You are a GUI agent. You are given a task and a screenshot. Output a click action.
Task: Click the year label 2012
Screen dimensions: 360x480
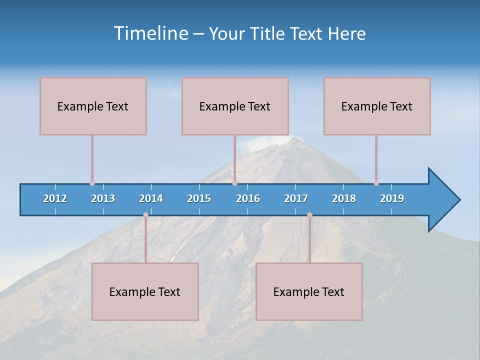click(55, 198)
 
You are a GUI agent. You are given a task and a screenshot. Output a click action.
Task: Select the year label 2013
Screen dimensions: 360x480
click(103, 198)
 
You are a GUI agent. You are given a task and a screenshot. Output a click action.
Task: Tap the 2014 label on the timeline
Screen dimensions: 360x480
click(151, 198)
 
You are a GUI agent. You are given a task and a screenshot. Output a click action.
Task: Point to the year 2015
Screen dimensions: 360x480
click(199, 198)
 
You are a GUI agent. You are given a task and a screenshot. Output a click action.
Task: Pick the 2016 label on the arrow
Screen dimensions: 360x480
click(248, 198)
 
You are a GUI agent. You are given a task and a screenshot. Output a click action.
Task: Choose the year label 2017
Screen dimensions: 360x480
click(296, 198)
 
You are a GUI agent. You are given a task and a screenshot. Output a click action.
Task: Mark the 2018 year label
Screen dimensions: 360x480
click(344, 198)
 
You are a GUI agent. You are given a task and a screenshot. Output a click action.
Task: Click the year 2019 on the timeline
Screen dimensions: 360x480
click(392, 198)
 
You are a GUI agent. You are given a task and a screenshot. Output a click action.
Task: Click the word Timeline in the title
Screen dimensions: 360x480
click(151, 33)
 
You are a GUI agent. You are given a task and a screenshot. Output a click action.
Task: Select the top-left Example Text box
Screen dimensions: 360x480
click(93, 106)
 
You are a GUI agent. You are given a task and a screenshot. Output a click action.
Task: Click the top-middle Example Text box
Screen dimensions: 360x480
click(235, 106)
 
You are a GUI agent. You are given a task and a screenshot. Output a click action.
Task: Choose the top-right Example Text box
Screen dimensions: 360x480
click(377, 106)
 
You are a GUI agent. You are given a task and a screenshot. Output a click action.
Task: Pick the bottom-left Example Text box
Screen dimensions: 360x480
click(145, 291)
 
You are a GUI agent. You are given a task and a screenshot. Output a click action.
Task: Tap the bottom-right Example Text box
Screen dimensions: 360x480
click(309, 291)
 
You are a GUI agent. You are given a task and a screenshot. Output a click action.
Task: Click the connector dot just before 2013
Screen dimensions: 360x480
click(92, 183)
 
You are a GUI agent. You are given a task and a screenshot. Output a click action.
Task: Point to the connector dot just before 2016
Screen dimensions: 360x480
click(234, 183)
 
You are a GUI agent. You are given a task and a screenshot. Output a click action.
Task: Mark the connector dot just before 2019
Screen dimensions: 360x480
click(376, 183)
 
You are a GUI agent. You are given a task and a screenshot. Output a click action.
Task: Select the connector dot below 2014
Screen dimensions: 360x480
click(145, 214)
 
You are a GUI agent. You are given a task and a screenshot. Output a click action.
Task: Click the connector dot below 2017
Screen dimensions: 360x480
click(309, 214)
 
